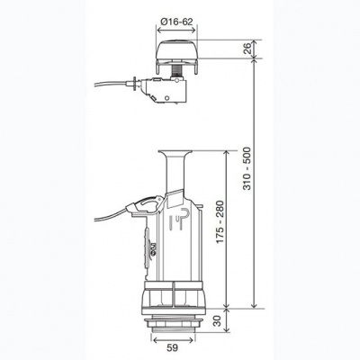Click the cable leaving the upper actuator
coord(112,84)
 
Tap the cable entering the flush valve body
coord(112,216)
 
